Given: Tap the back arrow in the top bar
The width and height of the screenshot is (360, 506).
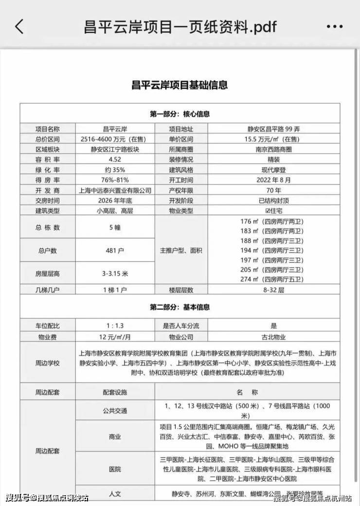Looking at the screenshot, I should (x=19, y=26).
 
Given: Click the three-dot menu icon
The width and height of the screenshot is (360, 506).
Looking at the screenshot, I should (x=335, y=27).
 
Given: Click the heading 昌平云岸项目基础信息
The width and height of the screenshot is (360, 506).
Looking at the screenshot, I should (x=180, y=85).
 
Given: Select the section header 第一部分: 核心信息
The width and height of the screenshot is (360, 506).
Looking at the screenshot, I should (x=180, y=114).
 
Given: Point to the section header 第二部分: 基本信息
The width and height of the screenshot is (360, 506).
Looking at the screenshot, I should (x=180, y=307).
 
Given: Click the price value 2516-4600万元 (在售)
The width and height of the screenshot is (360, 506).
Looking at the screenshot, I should (x=115, y=139).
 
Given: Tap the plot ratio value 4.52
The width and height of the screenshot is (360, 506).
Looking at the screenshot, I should (x=115, y=159).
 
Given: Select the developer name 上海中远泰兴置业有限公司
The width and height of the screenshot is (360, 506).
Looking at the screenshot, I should (x=115, y=190).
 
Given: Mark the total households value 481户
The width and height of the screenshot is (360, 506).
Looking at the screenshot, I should (x=115, y=251).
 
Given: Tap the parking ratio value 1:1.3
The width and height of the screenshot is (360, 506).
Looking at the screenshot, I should (x=115, y=326).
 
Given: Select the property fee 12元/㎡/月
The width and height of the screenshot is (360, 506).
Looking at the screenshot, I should (x=115, y=336).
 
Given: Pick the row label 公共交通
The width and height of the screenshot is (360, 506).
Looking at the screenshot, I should (x=115, y=411).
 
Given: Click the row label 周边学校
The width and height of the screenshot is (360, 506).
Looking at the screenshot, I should (x=47, y=363).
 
